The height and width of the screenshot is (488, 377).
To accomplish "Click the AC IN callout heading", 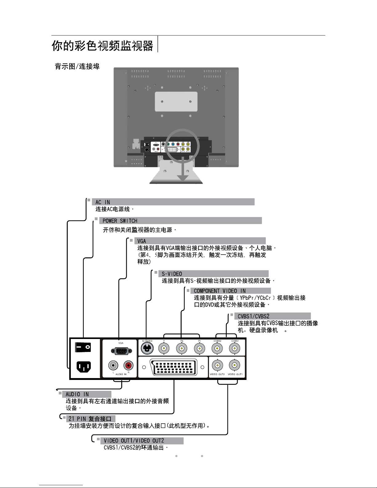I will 103,202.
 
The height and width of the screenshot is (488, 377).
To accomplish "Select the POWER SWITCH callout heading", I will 120,221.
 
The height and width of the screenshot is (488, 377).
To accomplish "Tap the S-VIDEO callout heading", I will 172,274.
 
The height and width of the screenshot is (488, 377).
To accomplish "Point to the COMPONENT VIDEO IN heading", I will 220,291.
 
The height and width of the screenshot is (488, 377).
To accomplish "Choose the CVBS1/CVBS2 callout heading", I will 253,316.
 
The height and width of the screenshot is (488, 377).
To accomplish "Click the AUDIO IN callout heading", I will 77,394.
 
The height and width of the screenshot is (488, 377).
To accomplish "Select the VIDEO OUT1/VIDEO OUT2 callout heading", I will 134,441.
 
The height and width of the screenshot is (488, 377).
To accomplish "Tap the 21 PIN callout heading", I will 90,419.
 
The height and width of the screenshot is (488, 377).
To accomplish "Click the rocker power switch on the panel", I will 83,348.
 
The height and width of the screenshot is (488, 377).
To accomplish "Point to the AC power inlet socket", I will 83,367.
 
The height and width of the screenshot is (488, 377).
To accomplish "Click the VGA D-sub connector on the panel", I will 121,351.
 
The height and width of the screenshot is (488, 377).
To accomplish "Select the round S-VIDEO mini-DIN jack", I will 147,349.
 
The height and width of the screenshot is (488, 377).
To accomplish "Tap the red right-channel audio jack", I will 128,366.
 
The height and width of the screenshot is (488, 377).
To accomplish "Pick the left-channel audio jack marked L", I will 113,366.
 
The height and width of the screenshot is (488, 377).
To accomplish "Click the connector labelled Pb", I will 182,349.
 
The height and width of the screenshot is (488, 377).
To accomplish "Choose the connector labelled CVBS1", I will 235,349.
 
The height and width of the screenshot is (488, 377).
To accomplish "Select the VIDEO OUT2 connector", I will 217,366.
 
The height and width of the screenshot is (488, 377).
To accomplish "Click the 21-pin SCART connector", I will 174,367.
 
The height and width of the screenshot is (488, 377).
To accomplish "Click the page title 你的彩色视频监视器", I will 102,46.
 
